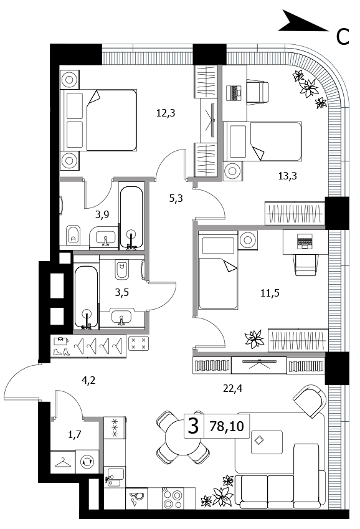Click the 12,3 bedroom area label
(x=166, y=113)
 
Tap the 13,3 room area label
(x=288, y=176)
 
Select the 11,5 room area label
(x=270, y=293)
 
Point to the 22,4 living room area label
(x=232, y=389)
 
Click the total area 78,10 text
(x=226, y=426)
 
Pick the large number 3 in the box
(x=193, y=426)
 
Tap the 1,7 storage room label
(x=75, y=434)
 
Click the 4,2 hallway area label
(x=88, y=380)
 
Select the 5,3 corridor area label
(x=176, y=198)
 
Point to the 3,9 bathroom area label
(x=102, y=214)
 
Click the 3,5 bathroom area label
(x=122, y=292)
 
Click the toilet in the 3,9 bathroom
(x=73, y=234)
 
